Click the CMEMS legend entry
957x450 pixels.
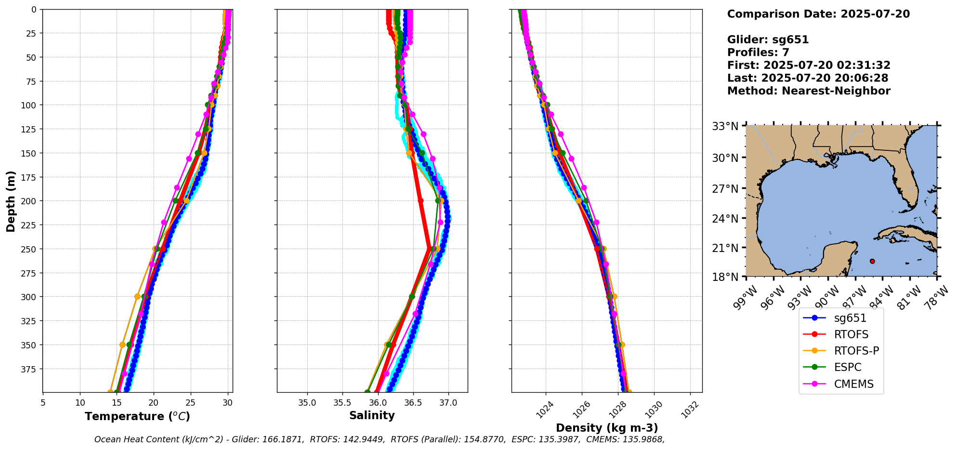click(853, 384)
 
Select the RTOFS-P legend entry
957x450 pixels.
click(856, 351)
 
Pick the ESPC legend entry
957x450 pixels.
click(848, 367)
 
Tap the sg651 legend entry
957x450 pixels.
click(850, 318)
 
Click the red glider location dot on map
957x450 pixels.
click(872, 261)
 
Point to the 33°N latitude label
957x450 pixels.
click(725, 127)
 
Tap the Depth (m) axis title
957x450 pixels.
click(11, 201)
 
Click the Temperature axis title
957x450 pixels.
click(137, 416)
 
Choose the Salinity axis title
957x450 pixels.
click(372, 416)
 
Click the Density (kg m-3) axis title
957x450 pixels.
click(607, 428)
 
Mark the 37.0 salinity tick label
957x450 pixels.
click(448, 403)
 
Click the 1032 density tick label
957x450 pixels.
click(690, 410)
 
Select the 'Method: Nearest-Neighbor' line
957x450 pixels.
click(809, 91)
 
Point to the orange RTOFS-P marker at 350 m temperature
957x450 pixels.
click(122, 345)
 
